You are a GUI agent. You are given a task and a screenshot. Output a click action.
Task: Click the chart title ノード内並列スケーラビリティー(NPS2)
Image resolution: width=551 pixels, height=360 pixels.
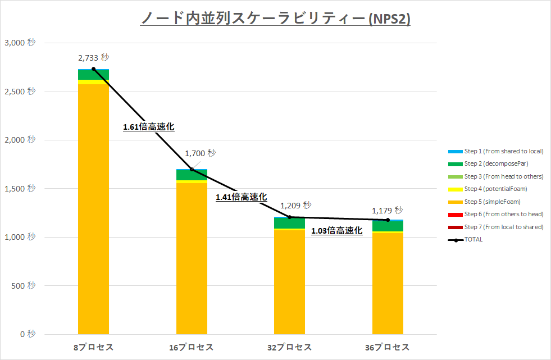(275, 19)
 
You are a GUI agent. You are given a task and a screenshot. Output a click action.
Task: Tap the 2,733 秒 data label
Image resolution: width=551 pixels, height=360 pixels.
(94, 57)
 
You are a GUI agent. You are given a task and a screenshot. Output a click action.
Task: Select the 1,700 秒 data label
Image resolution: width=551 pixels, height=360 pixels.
(200, 153)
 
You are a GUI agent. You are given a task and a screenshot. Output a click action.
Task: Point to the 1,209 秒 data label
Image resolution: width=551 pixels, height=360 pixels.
(295, 206)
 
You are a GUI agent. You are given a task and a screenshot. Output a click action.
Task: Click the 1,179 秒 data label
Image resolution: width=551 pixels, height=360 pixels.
(388, 211)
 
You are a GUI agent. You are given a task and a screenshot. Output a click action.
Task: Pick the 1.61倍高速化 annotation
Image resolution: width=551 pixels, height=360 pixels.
(149, 127)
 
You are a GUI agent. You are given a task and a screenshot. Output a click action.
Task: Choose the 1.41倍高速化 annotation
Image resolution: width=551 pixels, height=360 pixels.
(242, 197)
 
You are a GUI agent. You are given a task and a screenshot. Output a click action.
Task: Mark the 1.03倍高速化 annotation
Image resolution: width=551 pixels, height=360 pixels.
(337, 230)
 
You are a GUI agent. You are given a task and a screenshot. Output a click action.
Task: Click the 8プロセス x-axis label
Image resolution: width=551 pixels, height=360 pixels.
(93, 347)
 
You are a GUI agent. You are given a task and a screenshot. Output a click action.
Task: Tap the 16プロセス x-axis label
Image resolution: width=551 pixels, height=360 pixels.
(192, 347)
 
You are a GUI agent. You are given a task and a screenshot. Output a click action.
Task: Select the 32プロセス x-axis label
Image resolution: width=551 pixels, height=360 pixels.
(289, 347)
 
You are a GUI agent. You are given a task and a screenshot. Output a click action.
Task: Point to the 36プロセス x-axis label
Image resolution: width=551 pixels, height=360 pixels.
(388, 347)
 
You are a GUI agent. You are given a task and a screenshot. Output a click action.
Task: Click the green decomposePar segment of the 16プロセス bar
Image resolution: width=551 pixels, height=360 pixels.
(192, 175)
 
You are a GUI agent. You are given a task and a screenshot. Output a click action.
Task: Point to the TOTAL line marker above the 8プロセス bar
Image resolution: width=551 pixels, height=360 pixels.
(93, 69)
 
